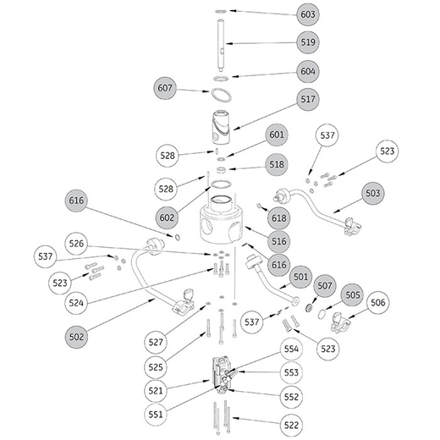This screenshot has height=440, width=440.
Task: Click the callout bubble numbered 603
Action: point(308,14)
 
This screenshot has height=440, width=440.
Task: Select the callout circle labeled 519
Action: point(308,42)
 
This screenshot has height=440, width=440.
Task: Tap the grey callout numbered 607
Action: point(165,88)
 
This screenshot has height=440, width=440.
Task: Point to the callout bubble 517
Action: point(308,99)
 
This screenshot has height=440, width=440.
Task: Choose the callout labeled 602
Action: point(167,217)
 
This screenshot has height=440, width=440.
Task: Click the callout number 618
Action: point(278,218)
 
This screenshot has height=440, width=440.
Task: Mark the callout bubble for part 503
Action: point(373,193)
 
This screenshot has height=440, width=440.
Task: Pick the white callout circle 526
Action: point(76,244)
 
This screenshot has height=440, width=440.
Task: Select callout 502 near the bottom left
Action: point(76,337)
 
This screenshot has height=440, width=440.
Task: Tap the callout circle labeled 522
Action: point(291,425)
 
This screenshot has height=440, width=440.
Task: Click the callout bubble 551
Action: point(156,415)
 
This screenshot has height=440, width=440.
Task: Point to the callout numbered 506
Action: point(377,303)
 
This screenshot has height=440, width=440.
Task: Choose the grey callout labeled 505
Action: point(353,295)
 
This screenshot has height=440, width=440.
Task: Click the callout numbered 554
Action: point(291,349)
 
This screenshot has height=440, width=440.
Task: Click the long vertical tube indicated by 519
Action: point(221,46)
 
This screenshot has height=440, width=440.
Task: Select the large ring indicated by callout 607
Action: point(221,96)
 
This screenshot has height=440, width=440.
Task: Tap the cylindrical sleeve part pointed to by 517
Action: point(221,128)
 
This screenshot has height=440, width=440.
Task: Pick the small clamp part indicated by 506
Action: point(340,322)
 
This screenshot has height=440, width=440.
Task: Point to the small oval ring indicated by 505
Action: point(321,314)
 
